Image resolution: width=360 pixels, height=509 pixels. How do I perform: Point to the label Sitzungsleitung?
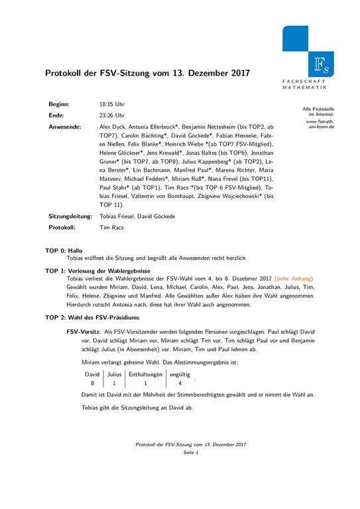coord(70,217)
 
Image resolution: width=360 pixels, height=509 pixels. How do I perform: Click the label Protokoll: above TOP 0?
coord(63,227)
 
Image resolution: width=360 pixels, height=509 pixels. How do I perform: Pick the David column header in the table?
coord(93,374)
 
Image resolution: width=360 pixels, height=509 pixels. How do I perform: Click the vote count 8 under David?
coord(93,383)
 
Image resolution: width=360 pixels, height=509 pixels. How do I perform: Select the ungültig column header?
coord(180,374)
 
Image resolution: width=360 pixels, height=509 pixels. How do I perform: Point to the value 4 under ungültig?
coord(180,383)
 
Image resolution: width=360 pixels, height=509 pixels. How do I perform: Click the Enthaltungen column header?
coord(145,374)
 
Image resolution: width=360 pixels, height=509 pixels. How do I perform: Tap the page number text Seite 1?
coord(190,452)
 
